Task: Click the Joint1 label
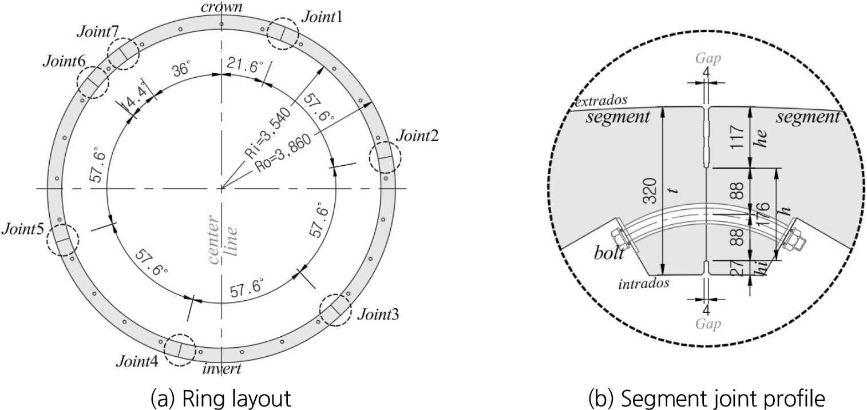click(322, 17)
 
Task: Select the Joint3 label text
click(378, 315)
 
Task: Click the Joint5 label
click(23, 229)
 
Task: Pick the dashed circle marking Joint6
click(78, 82)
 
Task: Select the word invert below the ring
click(222, 369)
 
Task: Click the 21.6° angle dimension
click(245, 65)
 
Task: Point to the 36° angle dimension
click(181, 70)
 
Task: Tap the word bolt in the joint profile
click(609, 253)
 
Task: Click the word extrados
click(601, 101)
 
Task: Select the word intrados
click(644, 284)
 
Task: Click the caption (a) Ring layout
click(221, 397)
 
